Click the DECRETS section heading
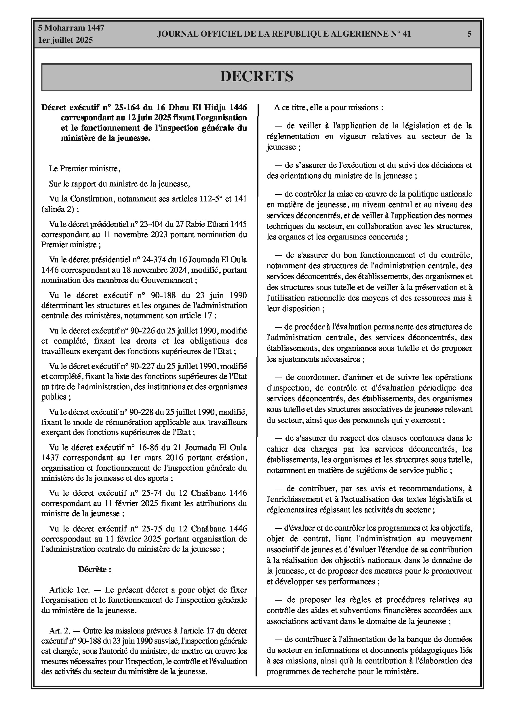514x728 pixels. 256,77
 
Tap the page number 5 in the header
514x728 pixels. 469,34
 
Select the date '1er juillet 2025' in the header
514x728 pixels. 66,40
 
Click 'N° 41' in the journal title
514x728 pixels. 400,34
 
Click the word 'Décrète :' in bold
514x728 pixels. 95,569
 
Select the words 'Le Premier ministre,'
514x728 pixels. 85,169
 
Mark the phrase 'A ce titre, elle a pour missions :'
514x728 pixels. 328,107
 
